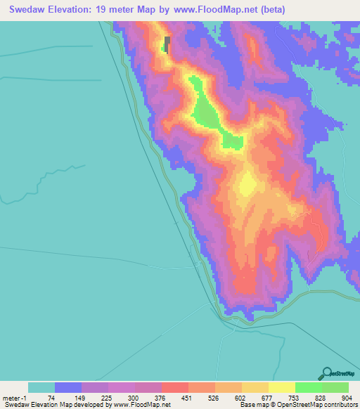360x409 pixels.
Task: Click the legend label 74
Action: click(x=51, y=398)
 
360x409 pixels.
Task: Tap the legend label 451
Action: click(x=185, y=398)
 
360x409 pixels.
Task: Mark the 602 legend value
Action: click(x=238, y=398)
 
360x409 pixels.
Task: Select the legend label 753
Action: click(x=291, y=398)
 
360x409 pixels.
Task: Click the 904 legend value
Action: click(x=345, y=398)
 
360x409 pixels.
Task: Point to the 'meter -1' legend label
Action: click(x=15, y=398)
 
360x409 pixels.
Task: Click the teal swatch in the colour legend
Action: click(x=41, y=387)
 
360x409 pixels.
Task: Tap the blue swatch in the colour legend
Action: click(x=67, y=387)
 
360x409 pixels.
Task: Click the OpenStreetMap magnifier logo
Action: click(x=327, y=373)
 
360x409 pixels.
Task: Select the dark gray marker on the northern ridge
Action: click(x=167, y=44)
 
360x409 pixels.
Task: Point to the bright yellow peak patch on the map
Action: click(x=247, y=186)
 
